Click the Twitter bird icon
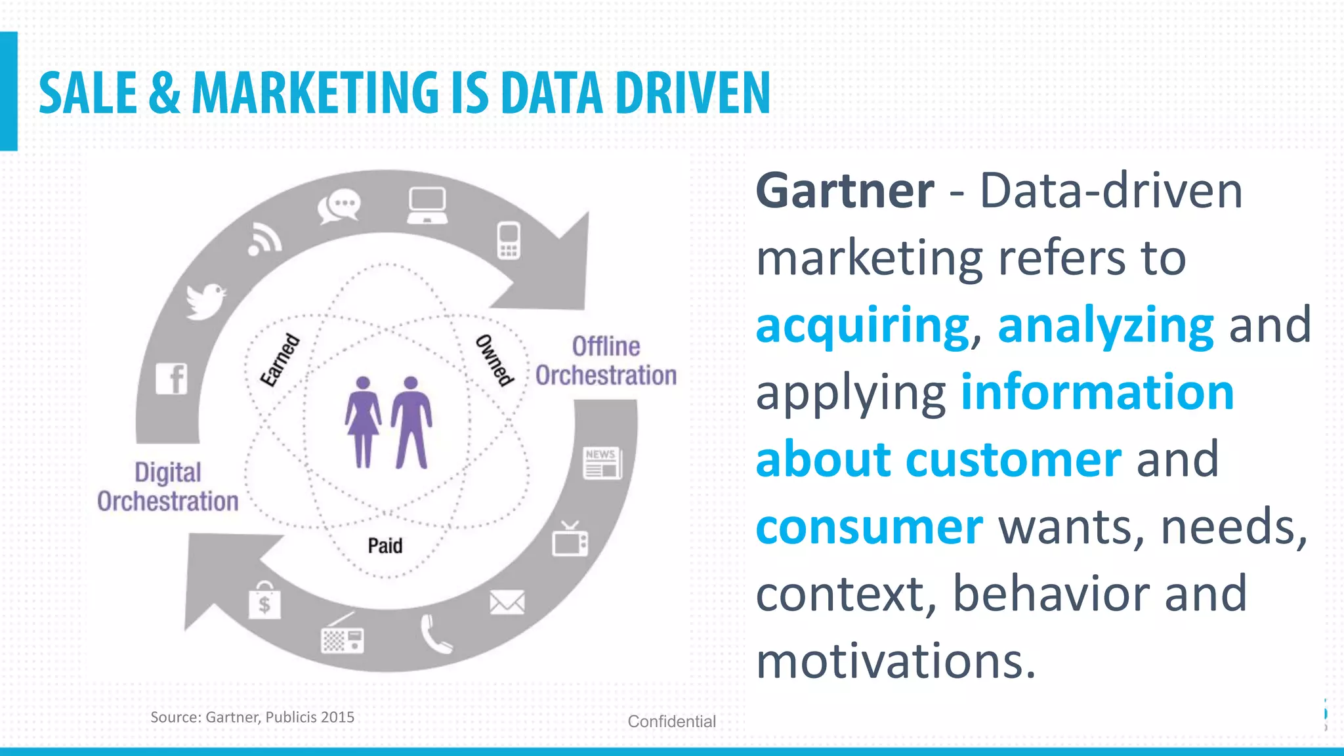[205, 301]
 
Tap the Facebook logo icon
[172, 379]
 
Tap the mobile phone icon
[509, 241]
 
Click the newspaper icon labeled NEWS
[602, 463]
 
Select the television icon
[570, 540]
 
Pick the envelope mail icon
[507, 602]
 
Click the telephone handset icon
[434, 634]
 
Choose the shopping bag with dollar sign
[264, 600]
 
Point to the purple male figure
[411, 422]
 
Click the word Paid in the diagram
[385, 545]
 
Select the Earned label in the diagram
[280, 360]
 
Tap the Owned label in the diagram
[494, 360]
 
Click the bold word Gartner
[845, 191]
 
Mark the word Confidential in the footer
[671, 721]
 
